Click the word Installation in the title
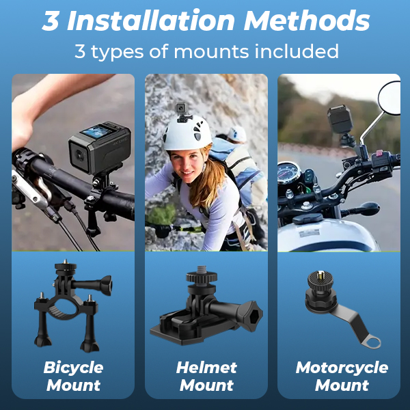151,20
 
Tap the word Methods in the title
306,20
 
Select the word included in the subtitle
297,51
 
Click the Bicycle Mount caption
74,377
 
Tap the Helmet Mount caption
206,377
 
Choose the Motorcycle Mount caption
342,377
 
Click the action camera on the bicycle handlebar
100,147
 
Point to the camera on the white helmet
180,109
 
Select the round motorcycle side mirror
389,98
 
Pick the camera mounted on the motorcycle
340,119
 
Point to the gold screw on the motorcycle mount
321,275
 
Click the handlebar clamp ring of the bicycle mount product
64,309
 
